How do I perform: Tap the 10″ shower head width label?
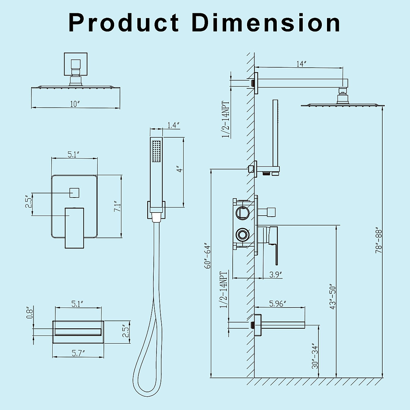pyautogui.click(x=75, y=104)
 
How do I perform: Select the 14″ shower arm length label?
pyautogui.click(x=301, y=64)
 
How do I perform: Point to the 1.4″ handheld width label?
pyautogui.click(x=174, y=125)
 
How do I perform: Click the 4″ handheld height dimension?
pyautogui.click(x=179, y=168)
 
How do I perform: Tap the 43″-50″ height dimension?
pyautogui.click(x=333, y=296)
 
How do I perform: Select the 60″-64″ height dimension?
pyautogui.click(x=207, y=256)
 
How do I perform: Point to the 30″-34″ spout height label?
pyautogui.click(x=315, y=356)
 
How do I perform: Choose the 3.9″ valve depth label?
pyautogui.click(x=275, y=274)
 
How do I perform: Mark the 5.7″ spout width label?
pyautogui.click(x=78, y=353)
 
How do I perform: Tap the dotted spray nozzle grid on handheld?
pyautogui.click(x=157, y=151)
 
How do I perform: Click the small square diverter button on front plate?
pyautogui.click(x=74, y=193)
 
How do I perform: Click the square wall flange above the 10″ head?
pyautogui.click(x=76, y=64)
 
